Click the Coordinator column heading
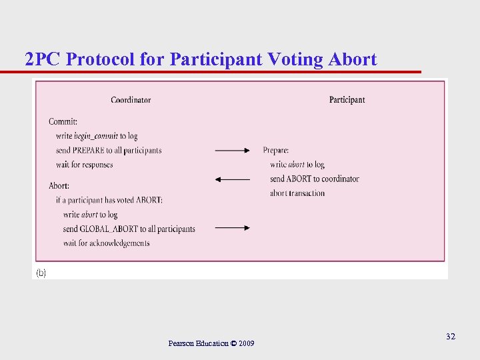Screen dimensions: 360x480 click(x=131, y=100)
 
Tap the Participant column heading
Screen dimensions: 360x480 click(x=347, y=100)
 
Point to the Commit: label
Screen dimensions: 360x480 click(x=63, y=121)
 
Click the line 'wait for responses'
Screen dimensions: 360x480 click(x=84, y=165)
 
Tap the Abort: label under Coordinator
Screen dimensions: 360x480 click(x=59, y=185)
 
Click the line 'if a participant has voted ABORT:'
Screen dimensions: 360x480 click(x=109, y=200)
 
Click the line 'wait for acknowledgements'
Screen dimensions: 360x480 click(x=106, y=243)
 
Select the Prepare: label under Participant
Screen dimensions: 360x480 click(x=276, y=150)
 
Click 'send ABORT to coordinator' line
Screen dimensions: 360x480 click(x=314, y=179)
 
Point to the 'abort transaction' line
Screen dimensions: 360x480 click(x=297, y=193)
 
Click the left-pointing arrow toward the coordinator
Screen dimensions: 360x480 click(x=232, y=179)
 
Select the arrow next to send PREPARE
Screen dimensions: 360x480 click(x=232, y=151)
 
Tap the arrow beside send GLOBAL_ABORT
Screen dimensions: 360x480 click(x=232, y=228)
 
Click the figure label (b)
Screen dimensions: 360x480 click(x=41, y=273)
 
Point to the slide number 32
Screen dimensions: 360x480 click(x=451, y=337)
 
